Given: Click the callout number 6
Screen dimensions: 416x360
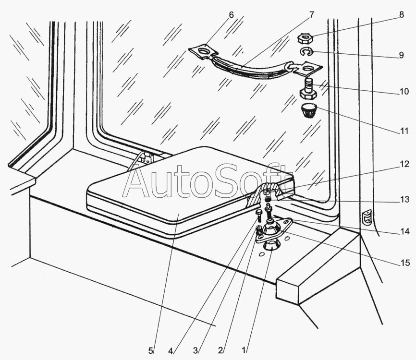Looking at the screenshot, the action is coord(232,14).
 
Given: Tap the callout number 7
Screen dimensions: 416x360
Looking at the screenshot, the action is coord(311,14).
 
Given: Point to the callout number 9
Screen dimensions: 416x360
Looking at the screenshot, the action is coord(401,55).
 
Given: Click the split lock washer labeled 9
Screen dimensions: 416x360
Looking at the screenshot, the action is coord(304,52).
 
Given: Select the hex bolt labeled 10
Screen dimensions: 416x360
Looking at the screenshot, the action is coord(306,87).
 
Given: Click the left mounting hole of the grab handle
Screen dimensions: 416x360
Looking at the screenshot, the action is coord(204,50).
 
